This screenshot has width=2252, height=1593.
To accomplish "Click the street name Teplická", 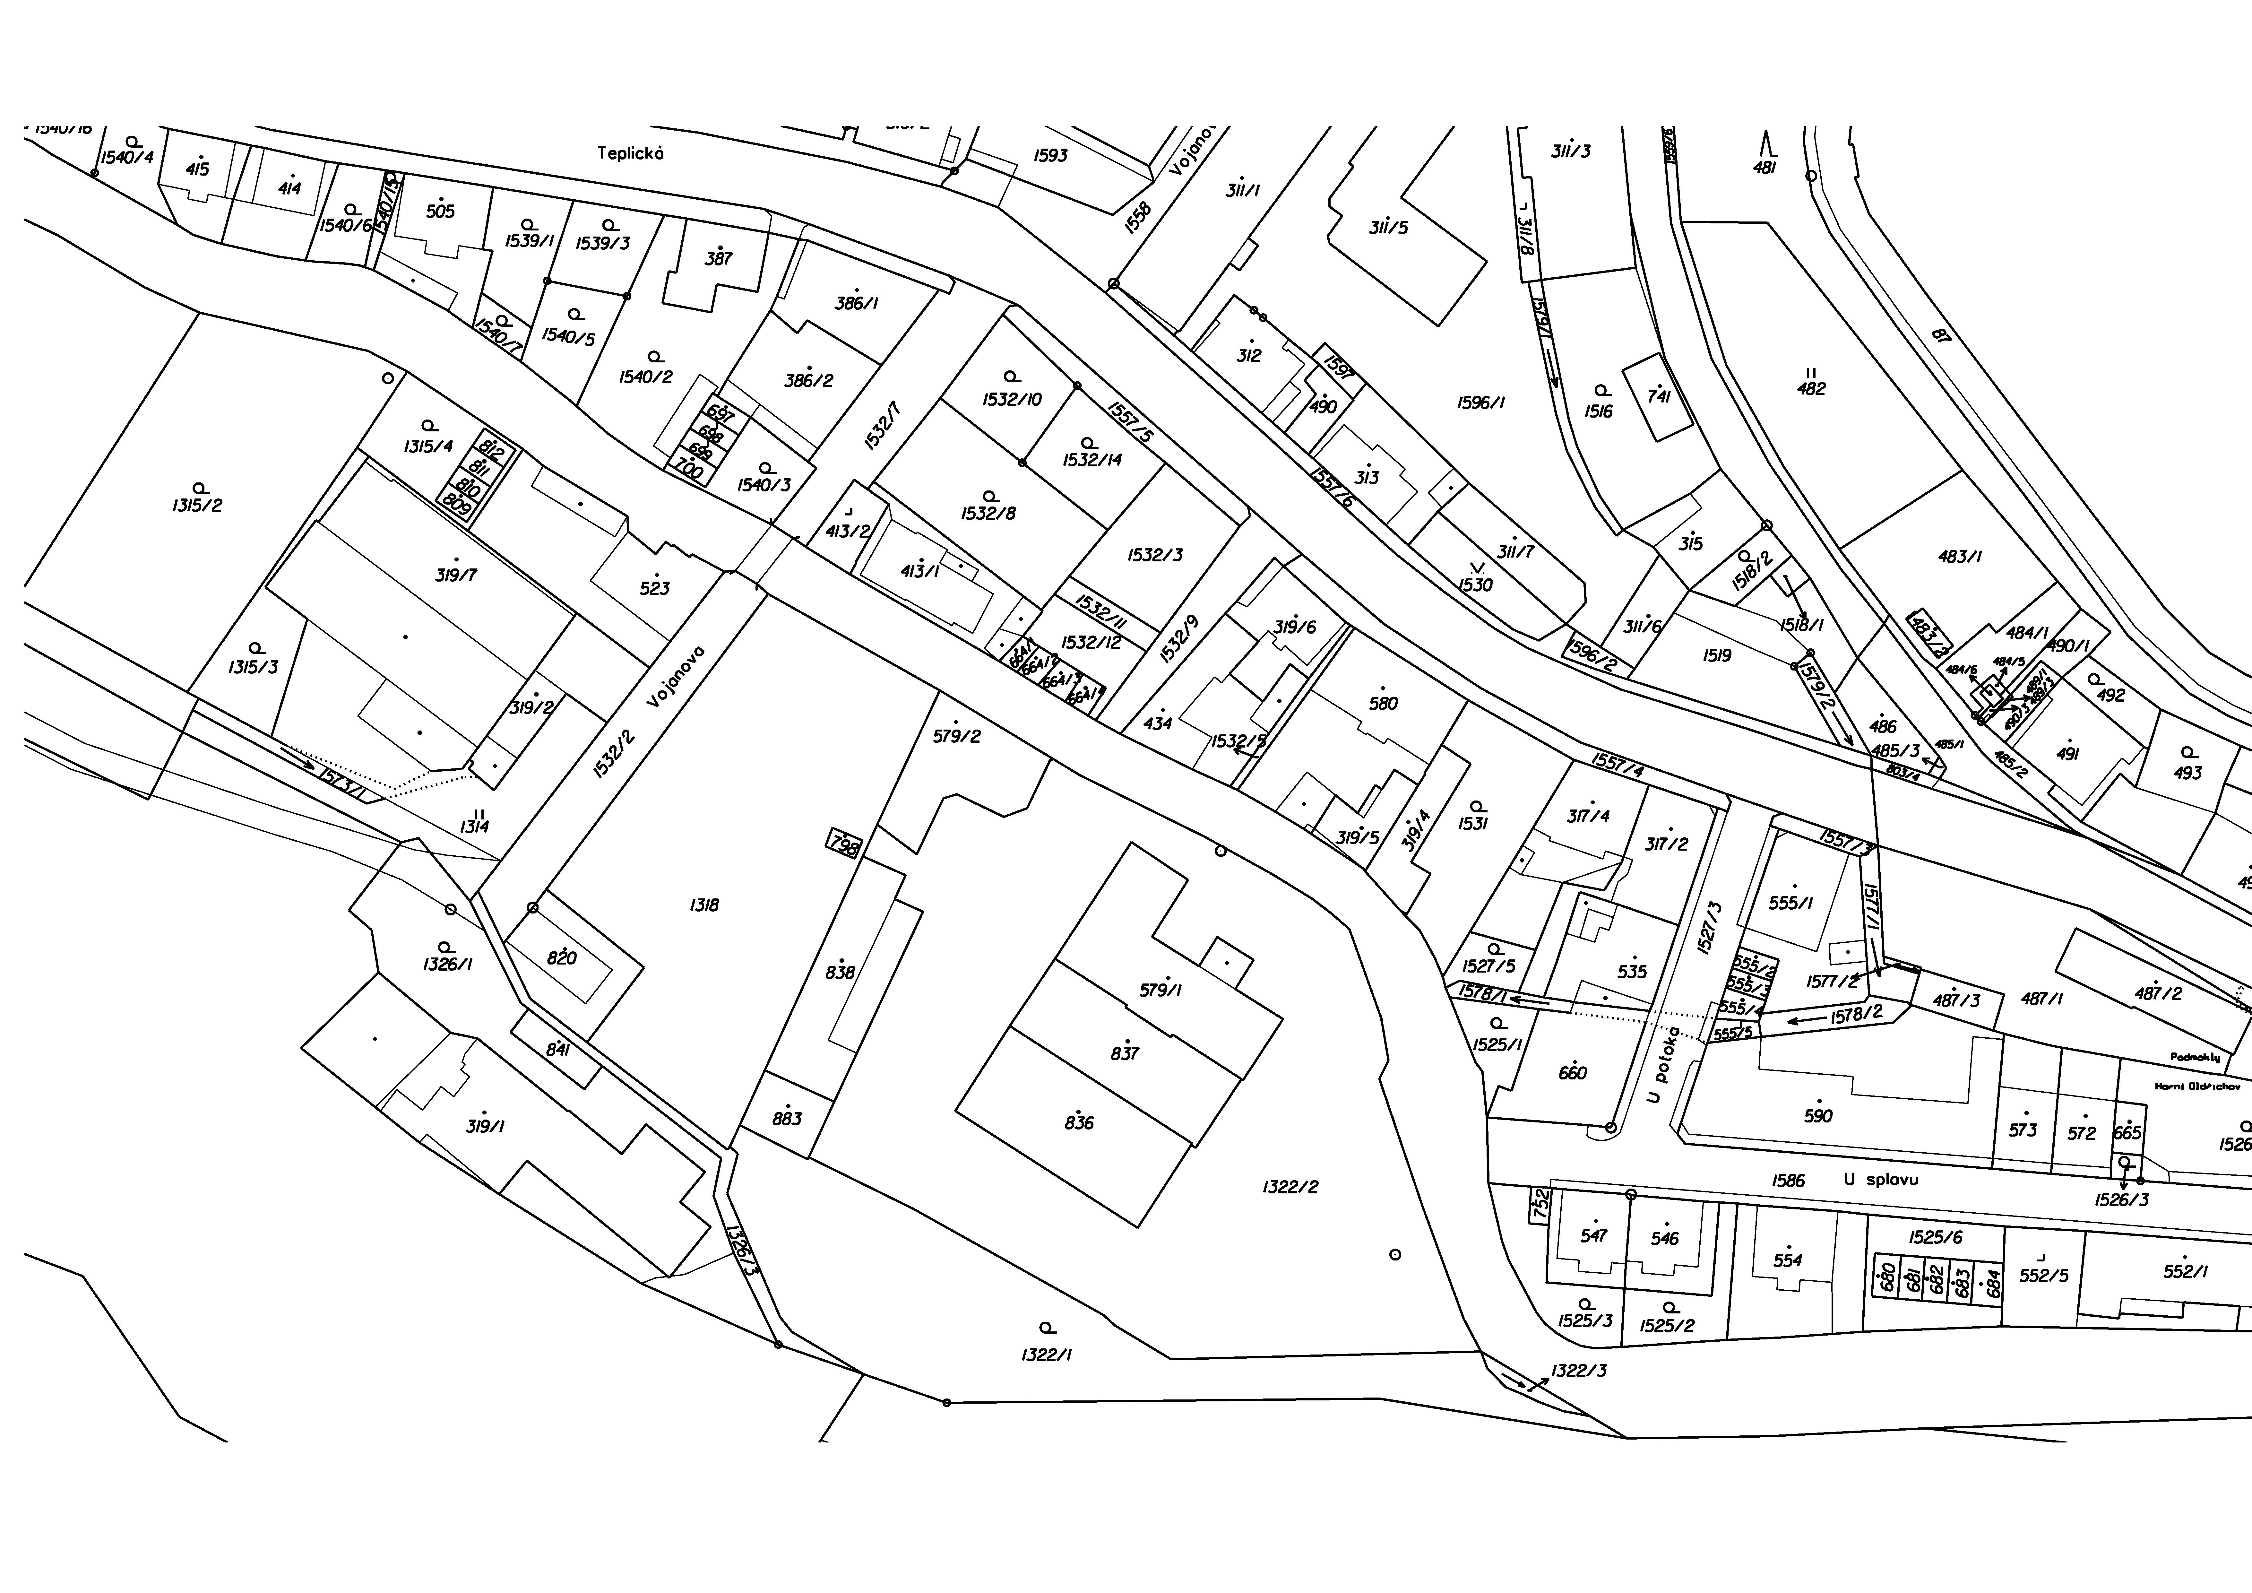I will tap(631, 153).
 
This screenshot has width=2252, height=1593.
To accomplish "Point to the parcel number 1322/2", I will tap(1290, 1187).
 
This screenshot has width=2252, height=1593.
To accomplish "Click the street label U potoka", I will tap(1664, 1066).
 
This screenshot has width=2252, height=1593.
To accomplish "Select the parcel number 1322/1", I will tap(1047, 1355).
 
